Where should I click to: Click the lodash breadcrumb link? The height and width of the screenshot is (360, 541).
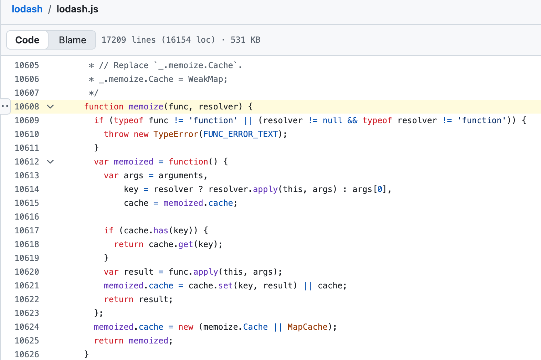click(27, 9)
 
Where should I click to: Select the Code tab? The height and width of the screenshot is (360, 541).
click(27, 40)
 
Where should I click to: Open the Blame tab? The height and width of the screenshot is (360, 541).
click(72, 40)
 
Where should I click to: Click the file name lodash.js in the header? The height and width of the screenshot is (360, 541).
click(77, 9)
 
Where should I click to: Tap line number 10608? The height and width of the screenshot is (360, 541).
click(27, 107)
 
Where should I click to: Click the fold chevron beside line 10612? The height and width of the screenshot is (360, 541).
click(50, 162)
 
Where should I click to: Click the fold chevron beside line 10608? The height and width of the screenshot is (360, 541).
click(50, 107)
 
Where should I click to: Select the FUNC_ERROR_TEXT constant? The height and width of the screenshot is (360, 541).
click(241, 134)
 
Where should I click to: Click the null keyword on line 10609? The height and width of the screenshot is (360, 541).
click(332, 120)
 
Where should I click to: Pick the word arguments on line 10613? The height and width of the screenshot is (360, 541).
click(181, 176)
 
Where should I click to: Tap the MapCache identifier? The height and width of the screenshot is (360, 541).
click(307, 327)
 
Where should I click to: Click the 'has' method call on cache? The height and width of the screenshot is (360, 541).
click(161, 231)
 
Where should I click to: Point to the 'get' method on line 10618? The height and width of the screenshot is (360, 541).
click(186, 244)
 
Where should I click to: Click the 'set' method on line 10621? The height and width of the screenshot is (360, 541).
click(225, 286)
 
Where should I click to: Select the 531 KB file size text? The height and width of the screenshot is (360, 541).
click(245, 40)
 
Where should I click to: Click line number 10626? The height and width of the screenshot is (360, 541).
click(27, 354)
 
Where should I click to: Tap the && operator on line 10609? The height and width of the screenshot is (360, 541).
click(352, 120)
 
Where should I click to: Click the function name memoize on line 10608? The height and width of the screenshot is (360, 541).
click(146, 107)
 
